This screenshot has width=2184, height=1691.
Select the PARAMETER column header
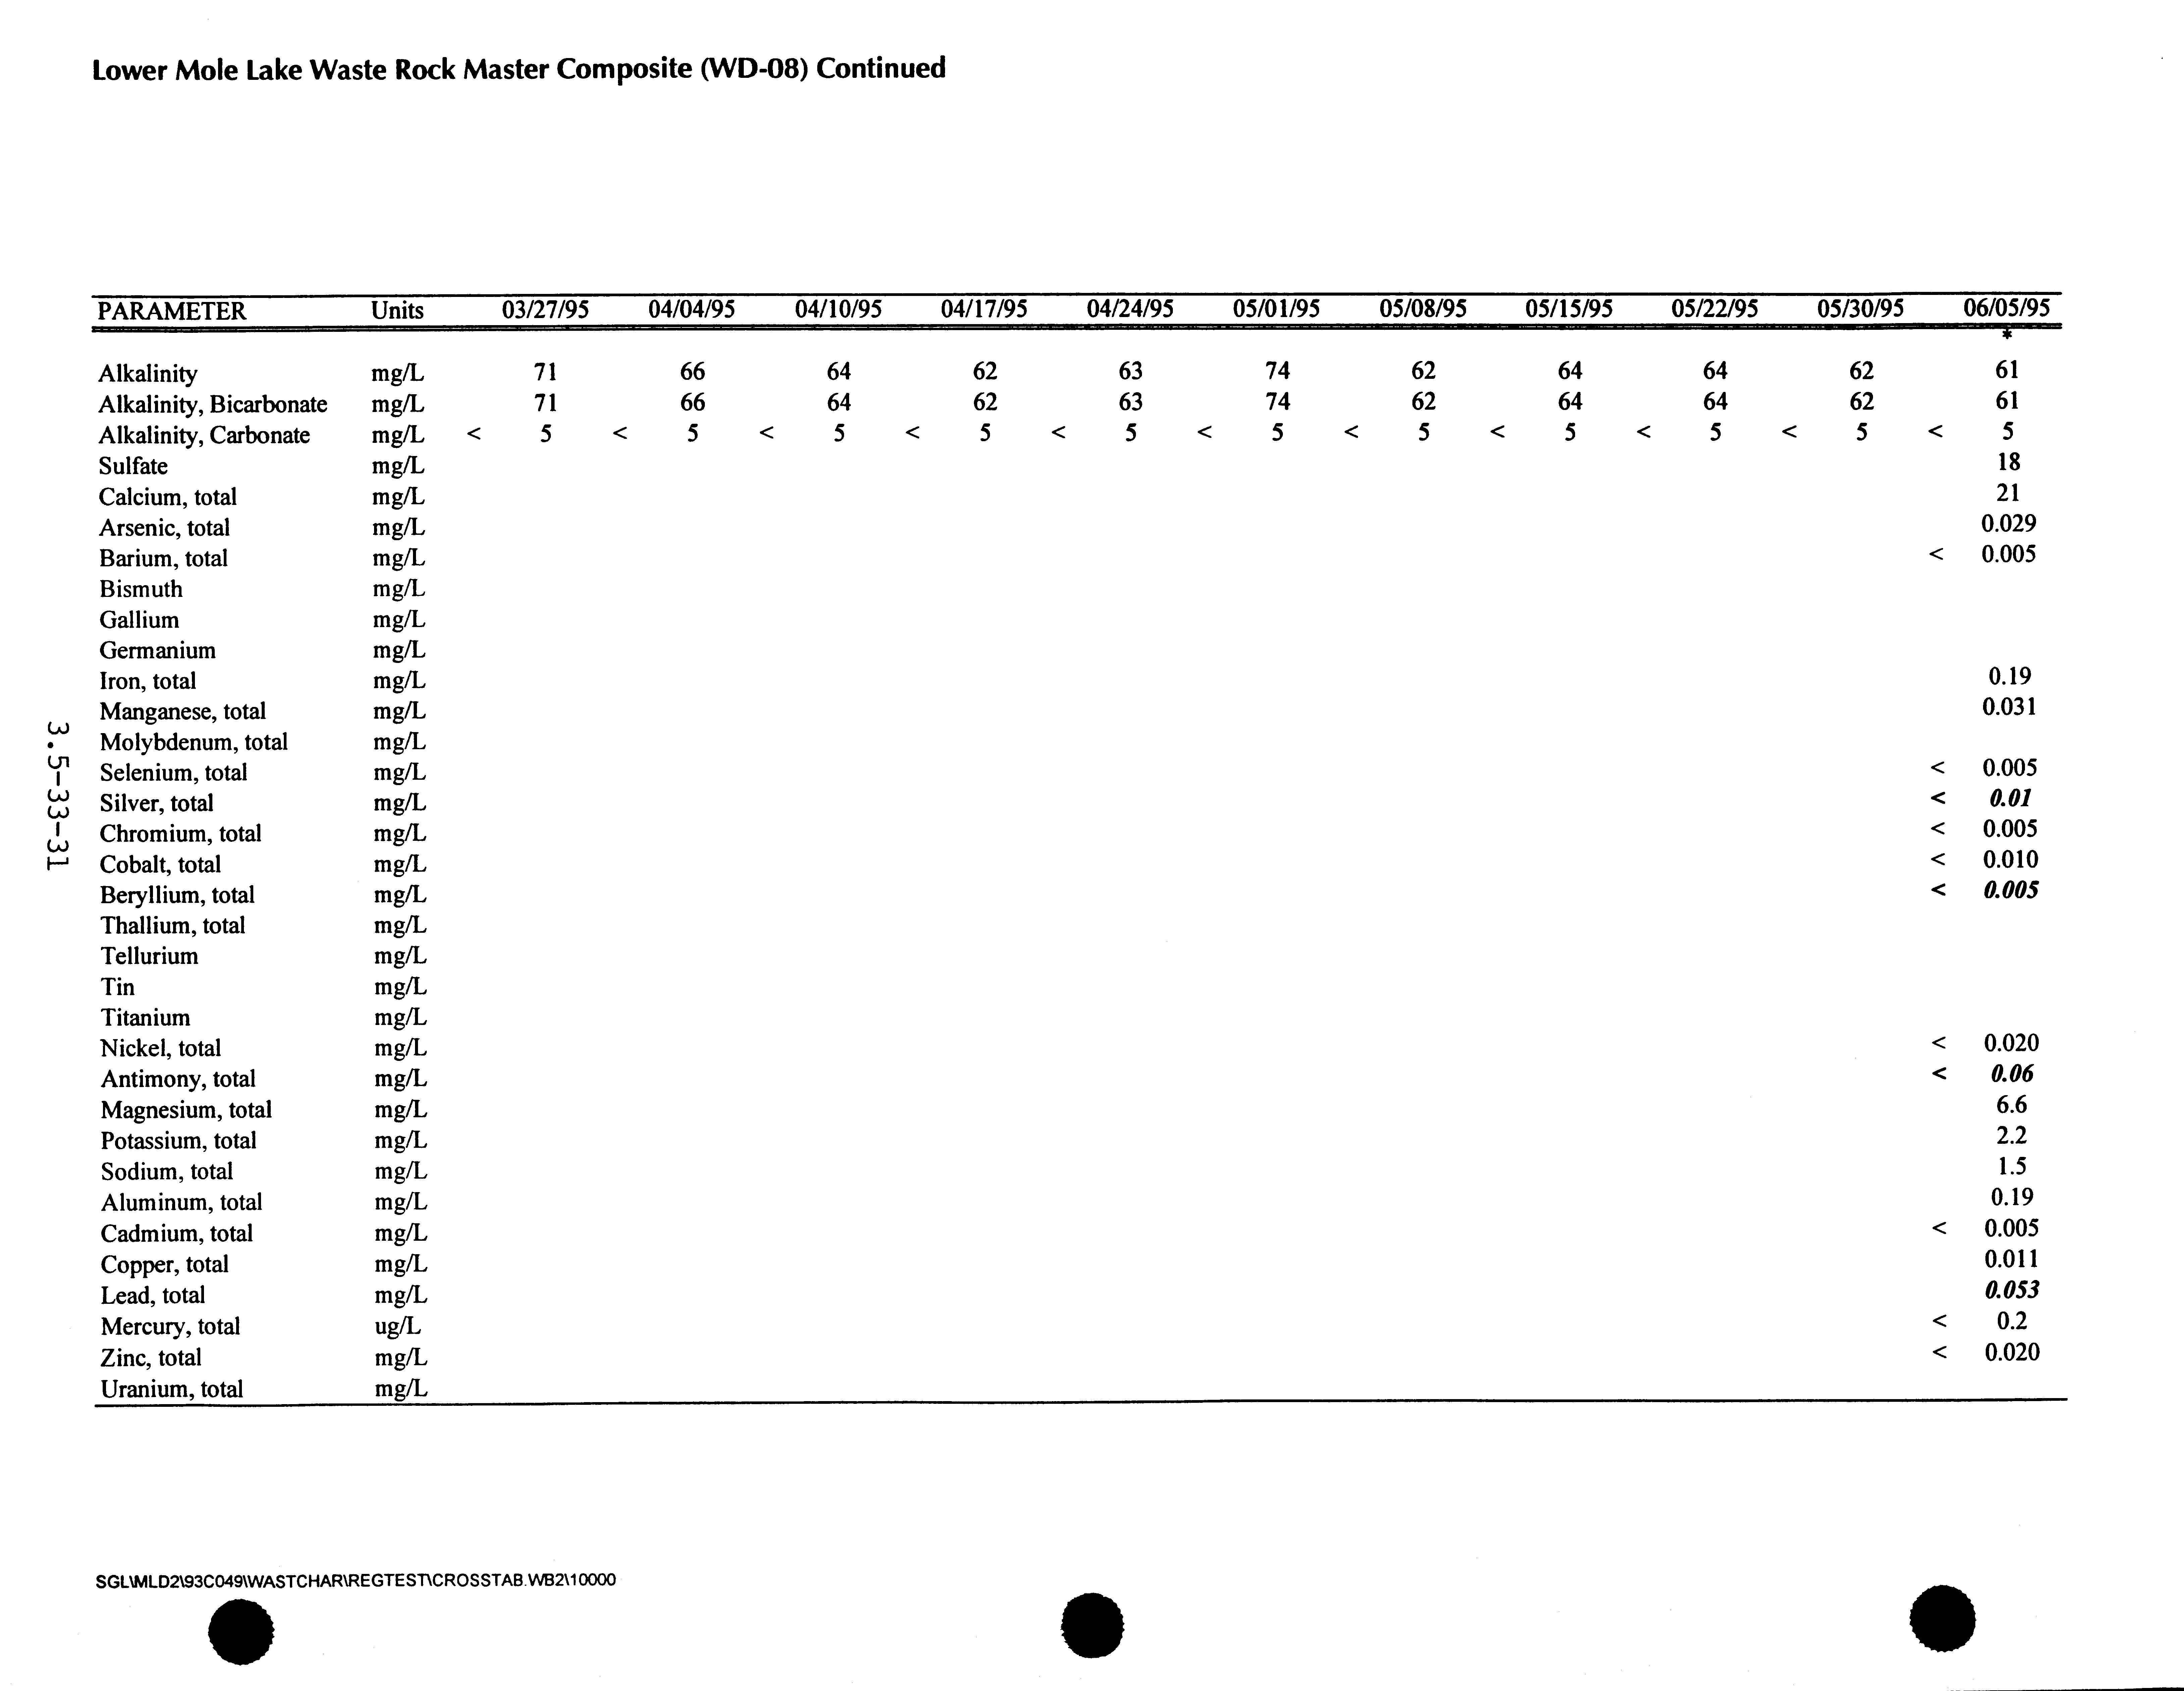tap(171, 311)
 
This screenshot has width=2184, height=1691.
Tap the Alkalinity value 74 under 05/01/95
tap(1277, 371)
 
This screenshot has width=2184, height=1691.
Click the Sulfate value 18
tap(2008, 462)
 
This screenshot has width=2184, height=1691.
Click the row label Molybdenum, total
tap(193, 742)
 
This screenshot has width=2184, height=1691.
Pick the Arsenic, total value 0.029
tap(2008, 523)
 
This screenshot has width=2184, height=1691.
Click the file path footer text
tap(355, 1580)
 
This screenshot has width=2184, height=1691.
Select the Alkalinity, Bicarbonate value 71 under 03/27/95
tap(545, 402)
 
